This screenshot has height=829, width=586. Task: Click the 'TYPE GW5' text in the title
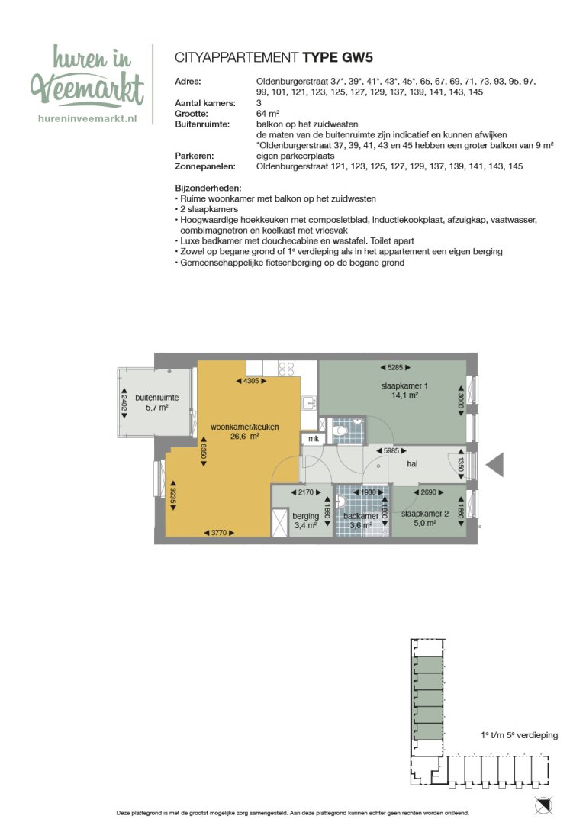tap(337, 56)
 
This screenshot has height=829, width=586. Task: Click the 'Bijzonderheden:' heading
tap(208, 188)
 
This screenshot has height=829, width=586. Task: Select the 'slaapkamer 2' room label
tap(419, 514)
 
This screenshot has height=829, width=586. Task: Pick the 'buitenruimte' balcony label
tap(156, 398)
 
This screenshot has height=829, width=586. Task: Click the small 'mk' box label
tap(312, 439)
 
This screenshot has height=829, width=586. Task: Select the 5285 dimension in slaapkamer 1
tap(394, 367)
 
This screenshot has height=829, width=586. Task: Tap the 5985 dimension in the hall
tap(391, 451)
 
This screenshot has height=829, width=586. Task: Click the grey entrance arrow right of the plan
tap(494, 464)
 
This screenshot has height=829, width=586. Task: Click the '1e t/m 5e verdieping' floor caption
tap(520, 735)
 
